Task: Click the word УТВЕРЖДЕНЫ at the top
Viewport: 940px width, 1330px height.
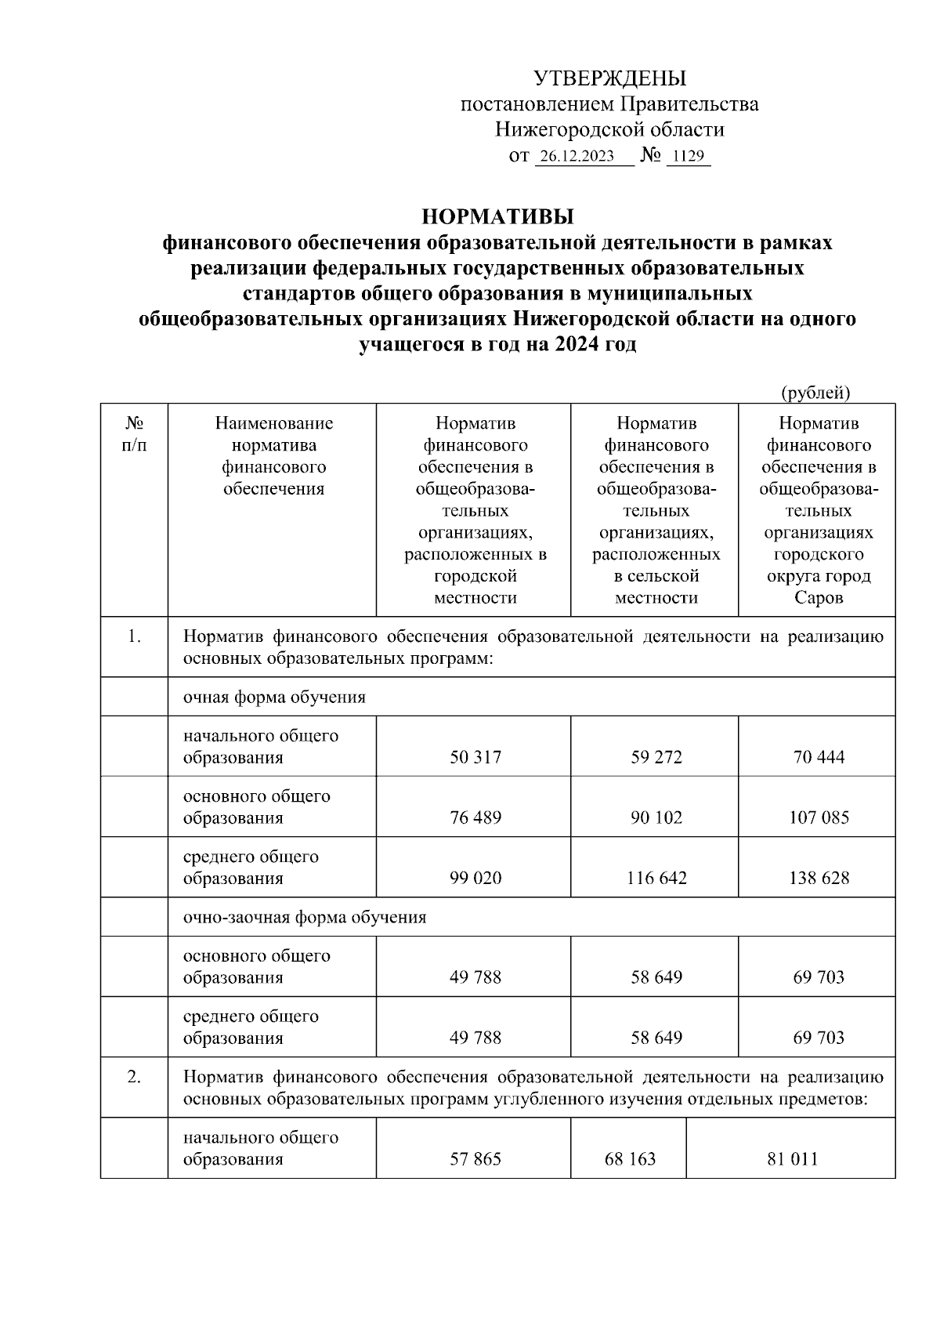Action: click(x=609, y=78)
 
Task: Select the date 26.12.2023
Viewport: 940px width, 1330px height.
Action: click(x=577, y=156)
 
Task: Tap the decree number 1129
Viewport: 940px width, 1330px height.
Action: click(x=688, y=156)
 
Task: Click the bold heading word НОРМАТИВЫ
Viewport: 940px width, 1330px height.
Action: click(x=497, y=216)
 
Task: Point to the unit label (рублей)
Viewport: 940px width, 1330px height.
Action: click(x=815, y=392)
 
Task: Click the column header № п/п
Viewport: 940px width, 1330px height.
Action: click(x=134, y=433)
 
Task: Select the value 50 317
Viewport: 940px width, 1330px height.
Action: click(x=475, y=757)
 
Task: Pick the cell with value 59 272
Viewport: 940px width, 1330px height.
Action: click(x=656, y=757)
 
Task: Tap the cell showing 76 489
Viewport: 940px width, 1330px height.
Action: click(x=475, y=817)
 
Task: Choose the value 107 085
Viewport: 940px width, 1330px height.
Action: click(x=819, y=817)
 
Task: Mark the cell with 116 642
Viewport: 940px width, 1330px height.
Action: click(x=656, y=878)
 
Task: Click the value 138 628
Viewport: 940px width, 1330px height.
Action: click(x=819, y=878)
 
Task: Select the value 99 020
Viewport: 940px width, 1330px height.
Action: click(x=475, y=878)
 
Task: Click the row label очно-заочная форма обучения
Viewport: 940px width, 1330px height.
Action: click(x=305, y=917)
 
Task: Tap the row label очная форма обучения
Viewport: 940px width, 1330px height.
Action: click(x=274, y=697)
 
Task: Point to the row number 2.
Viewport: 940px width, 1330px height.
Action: click(x=134, y=1077)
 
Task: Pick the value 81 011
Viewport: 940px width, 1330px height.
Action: click(x=792, y=1159)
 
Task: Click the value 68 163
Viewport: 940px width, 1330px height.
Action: click(x=630, y=1159)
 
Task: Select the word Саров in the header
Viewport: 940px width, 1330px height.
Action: click(x=819, y=598)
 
